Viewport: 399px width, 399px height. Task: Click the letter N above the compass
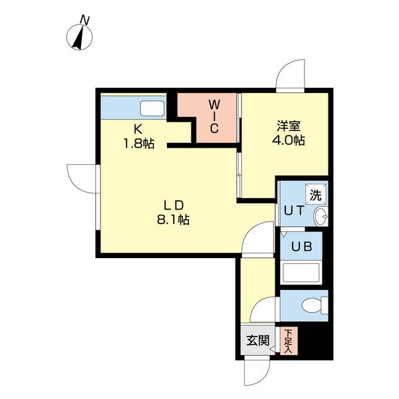click(85, 21)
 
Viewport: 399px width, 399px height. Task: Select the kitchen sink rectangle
click(152, 108)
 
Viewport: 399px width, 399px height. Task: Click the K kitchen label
click(138, 130)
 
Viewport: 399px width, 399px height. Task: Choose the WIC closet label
click(214, 116)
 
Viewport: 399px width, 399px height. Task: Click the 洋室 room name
click(289, 126)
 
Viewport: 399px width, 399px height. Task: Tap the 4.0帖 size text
click(289, 140)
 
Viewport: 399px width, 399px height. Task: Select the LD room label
click(174, 205)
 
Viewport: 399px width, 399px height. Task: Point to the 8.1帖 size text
click(173, 220)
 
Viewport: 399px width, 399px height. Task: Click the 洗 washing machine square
click(315, 194)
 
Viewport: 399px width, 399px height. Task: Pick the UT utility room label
click(294, 210)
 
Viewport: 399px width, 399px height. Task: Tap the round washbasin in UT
click(321, 217)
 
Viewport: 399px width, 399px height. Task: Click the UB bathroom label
click(301, 246)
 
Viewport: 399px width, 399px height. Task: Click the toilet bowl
click(315, 305)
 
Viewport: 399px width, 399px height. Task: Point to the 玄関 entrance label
click(258, 340)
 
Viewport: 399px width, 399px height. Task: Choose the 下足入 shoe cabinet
click(289, 341)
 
